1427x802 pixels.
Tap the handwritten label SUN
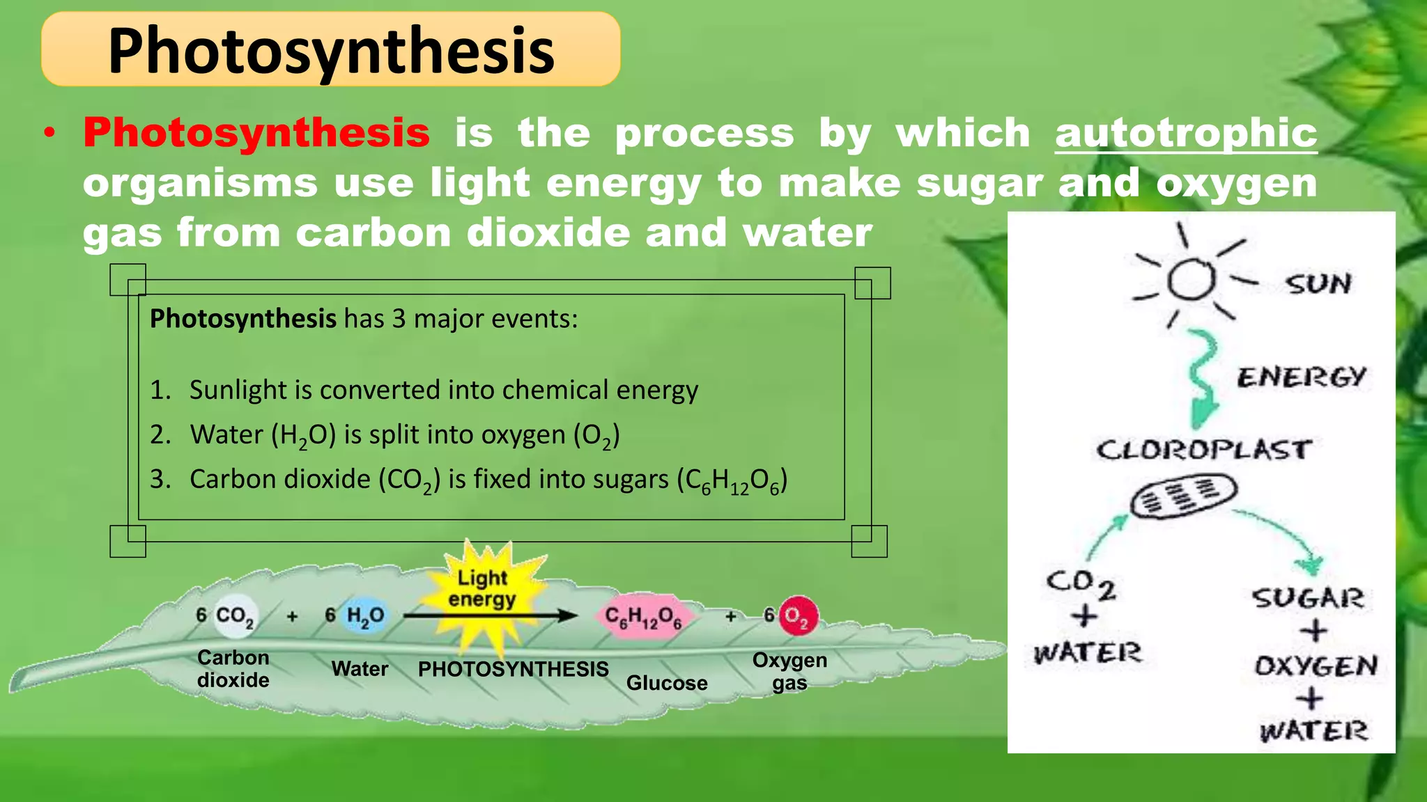pos(1318,284)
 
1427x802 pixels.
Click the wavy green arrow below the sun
pos(1203,379)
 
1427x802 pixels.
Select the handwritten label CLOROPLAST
pos(1204,450)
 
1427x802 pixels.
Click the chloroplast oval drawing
pos(1183,496)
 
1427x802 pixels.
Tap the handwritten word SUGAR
pos(1308,598)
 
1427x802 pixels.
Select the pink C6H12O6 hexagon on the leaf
pos(643,617)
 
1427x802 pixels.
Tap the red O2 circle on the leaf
pos(798,616)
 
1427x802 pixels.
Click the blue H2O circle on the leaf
pos(365,616)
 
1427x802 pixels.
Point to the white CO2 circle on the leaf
pos(235,616)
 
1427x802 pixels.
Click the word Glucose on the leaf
pos(667,683)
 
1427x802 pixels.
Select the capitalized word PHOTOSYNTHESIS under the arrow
pos(513,669)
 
